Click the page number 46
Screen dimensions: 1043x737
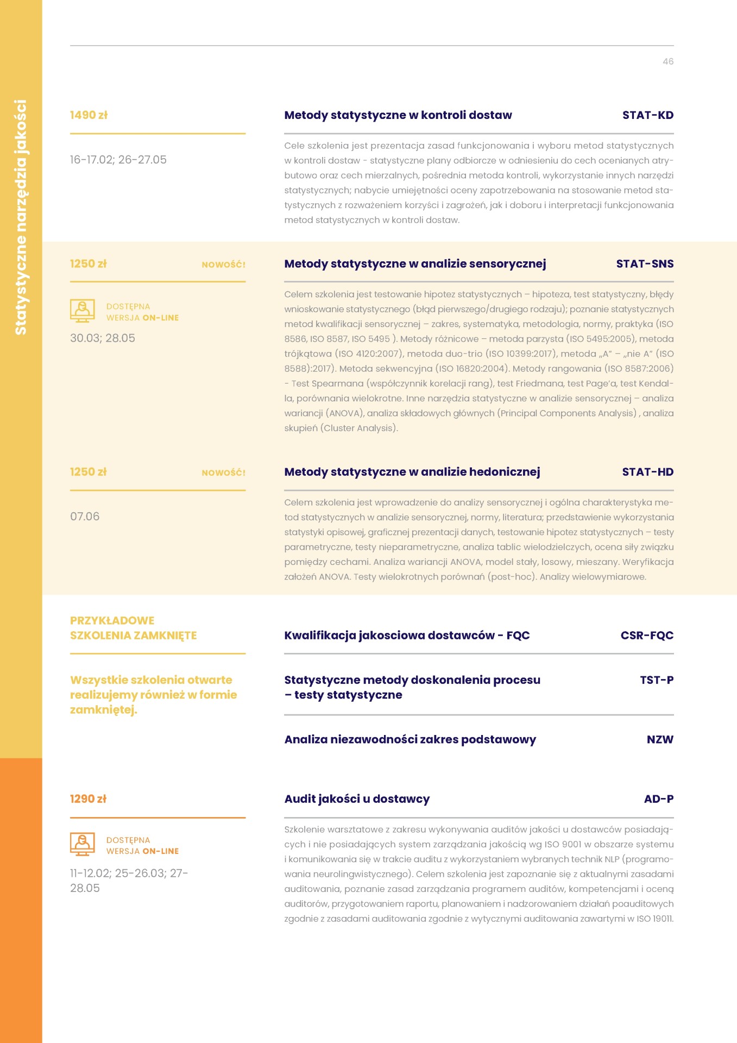(667, 62)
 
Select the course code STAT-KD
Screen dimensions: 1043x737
(647, 115)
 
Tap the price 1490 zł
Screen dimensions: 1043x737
(89, 115)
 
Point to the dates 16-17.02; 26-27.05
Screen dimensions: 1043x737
(118, 160)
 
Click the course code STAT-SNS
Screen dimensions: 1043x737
(644, 264)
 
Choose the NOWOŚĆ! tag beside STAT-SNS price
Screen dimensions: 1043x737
(223, 265)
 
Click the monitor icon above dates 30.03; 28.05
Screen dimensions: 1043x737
(83, 311)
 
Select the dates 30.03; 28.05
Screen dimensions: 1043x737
(102, 338)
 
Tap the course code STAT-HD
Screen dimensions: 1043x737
(647, 472)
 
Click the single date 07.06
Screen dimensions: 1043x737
(85, 516)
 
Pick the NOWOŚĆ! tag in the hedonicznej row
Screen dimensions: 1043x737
(223, 473)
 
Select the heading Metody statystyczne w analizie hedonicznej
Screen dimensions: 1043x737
(412, 472)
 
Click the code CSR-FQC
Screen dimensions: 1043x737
(646, 636)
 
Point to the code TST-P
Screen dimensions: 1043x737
(656, 680)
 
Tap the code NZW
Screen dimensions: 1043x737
(659, 740)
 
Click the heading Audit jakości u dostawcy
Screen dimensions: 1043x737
(357, 799)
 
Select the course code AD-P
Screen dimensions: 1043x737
(658, 799)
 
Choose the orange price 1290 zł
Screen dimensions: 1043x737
(88, 799)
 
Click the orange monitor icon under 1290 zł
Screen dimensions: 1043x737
(83, 844)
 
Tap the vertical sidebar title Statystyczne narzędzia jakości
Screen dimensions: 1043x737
(21, 217)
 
